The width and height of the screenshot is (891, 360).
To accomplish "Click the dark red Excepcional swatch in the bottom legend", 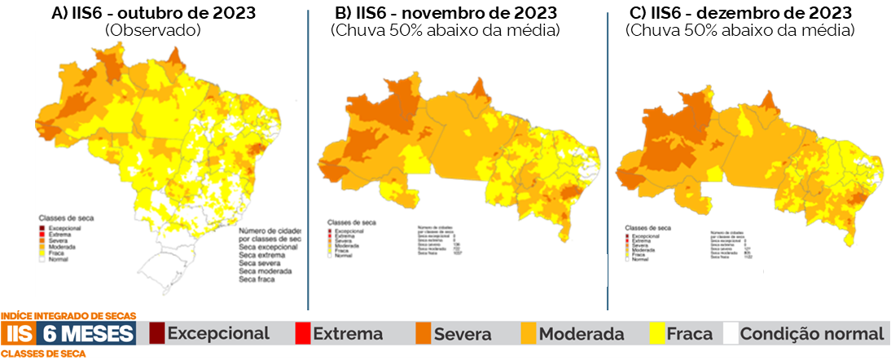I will point(156,334).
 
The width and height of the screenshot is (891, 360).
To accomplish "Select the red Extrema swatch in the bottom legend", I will point(302,334).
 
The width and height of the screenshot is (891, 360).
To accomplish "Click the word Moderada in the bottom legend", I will point(582,334).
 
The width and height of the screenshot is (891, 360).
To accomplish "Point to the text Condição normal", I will point(812,334).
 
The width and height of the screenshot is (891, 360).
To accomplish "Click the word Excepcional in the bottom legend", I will point(217,334).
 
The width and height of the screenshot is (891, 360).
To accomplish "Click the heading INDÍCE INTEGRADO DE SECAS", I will point(68,316).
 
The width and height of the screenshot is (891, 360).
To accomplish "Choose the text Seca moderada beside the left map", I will point(266,271).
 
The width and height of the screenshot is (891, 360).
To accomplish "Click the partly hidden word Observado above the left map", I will point(152,30).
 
